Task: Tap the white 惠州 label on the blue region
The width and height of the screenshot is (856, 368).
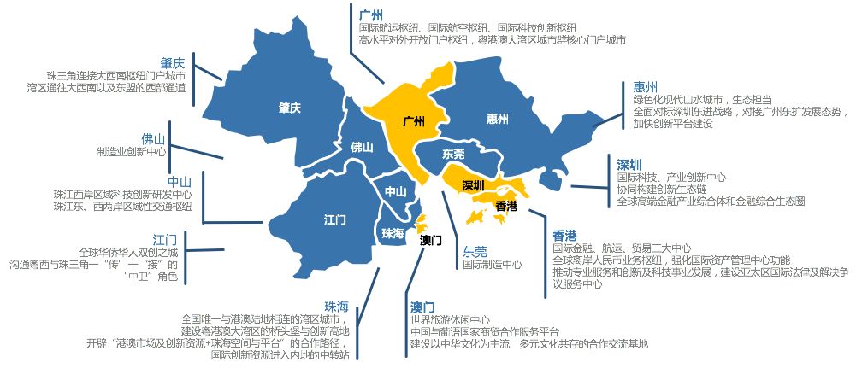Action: tap(497, 118)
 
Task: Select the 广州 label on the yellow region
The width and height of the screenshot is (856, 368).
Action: tap(413, 121)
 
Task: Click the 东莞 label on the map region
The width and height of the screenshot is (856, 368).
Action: tap(454, 155)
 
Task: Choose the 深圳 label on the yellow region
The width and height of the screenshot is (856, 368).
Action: tap(473, 184)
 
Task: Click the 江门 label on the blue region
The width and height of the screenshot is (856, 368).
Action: tap(335, 219)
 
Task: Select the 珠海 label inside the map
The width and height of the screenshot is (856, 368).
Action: tap(393, 233)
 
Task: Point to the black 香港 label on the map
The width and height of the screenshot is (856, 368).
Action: tap(506, 205)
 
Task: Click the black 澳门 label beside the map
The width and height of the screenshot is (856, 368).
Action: tap(431, 240)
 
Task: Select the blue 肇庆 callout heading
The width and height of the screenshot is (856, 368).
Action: tap(174, 62)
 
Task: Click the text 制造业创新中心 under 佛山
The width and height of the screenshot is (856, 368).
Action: tap(132, 151)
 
